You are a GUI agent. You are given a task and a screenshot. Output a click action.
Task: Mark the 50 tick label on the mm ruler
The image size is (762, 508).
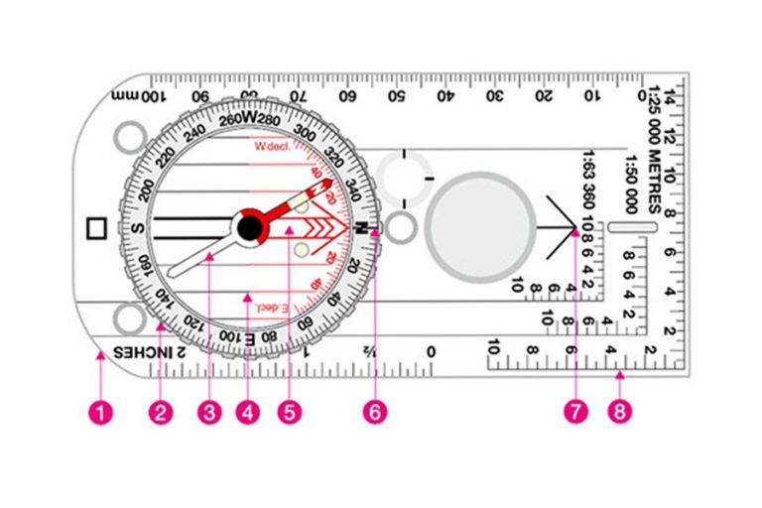tap(395, 97)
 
